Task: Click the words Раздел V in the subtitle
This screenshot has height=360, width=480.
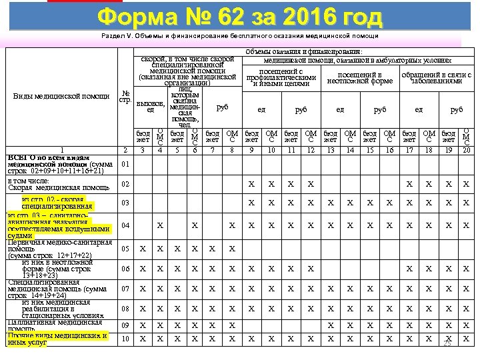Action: pyautogui.click(x=116, y=35)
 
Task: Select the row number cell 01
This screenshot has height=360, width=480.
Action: pyautogui.click(x=125, y=164)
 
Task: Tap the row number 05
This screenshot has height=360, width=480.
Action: pyautogui.click(x=125, y=249)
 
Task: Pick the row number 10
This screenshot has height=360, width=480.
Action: pyautogui.click(x=125, y=339)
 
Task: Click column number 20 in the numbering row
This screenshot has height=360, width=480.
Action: pyautogui.click(x=466, y=150)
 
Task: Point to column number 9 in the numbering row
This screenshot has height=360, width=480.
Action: pyautogui.click(x=251, y=150)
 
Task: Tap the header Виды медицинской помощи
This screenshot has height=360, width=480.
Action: pyautogui.click(x=61, y=97)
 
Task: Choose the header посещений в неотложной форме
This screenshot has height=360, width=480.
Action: pyautogui.click(x=360, y=78)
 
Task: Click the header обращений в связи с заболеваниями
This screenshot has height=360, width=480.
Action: pyautogui.click(x=437, y=78)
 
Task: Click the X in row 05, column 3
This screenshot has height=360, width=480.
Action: pyautogui.click(x=142, y=249)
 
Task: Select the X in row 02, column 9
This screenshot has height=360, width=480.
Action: pyautogui.click(x=251, y=184)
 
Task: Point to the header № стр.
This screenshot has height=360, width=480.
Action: pyautogui.click(x=125, y=97)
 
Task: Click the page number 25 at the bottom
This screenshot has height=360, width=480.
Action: pyautogui.click(x=447, y=344)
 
